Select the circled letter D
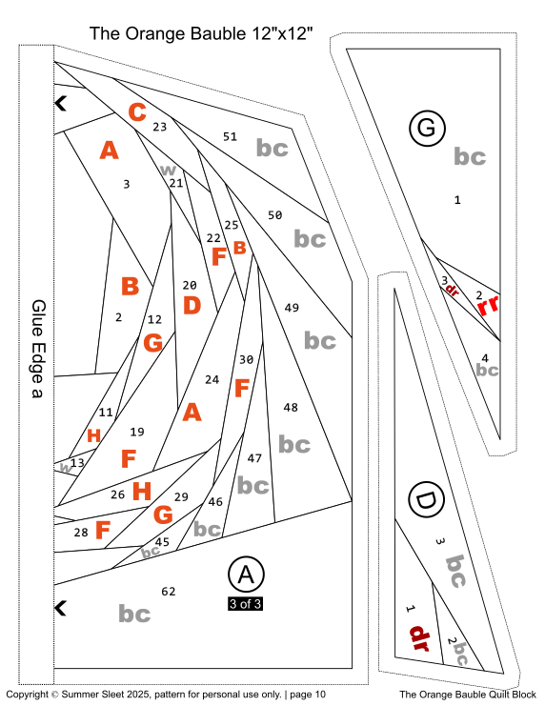coord(425,499)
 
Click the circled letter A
coord(246,575)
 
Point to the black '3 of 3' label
coord(245,602)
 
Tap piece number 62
coord(169,592)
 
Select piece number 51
coord(230,136)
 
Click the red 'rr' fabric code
coord(488,306)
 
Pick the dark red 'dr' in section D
coord(420,635)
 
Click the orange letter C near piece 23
coord(137,112)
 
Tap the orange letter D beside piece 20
coord(192,306)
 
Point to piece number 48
coord(291,408)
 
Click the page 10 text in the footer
coord(303,695)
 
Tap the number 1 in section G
coord(457,200)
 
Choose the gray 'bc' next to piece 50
coord(310,238)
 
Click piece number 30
coord(246,359)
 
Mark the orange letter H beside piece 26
coord(142,492)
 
